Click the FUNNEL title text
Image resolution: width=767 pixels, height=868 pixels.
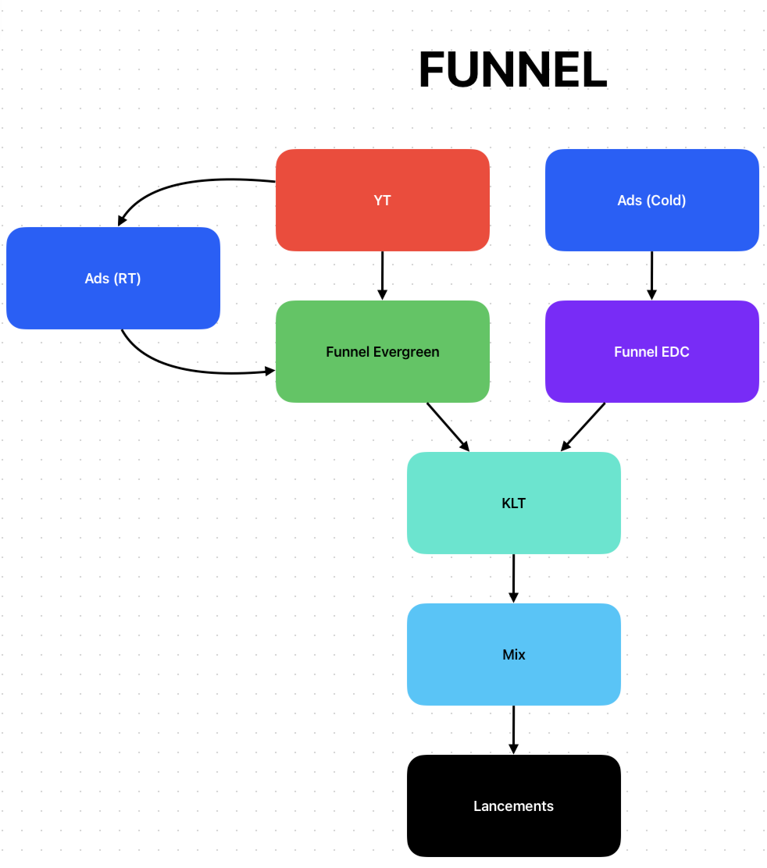click(x=512, y=70)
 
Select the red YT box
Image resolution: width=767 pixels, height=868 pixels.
click(x=382, y=200)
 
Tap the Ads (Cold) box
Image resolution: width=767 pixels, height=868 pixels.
click(x=651, y=200)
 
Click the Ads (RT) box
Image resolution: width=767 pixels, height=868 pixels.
click(x=112, y=278)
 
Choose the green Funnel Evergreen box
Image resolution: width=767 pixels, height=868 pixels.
click(x=382, y=351)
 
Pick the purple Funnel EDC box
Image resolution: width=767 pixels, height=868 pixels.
click(x=651, y=351)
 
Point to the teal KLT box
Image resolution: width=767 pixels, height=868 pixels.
click(x=513, y=503)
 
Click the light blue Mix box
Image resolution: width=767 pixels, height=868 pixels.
click(x=513, y=654)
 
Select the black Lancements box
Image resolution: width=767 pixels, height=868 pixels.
click(x=513, y=806)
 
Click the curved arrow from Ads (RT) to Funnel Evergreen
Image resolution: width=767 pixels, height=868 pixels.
click(x=187, y=367)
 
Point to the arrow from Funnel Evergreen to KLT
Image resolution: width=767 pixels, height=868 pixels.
click(x=448, y=426)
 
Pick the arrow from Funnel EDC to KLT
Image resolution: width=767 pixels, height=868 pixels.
click(x=583, y=426)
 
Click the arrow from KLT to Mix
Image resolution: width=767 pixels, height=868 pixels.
click(x=513, y=578)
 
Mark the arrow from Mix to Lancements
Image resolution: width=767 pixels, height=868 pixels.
click(x=513, y=729)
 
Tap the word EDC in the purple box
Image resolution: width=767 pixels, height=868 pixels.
click(x=675, y=352)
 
